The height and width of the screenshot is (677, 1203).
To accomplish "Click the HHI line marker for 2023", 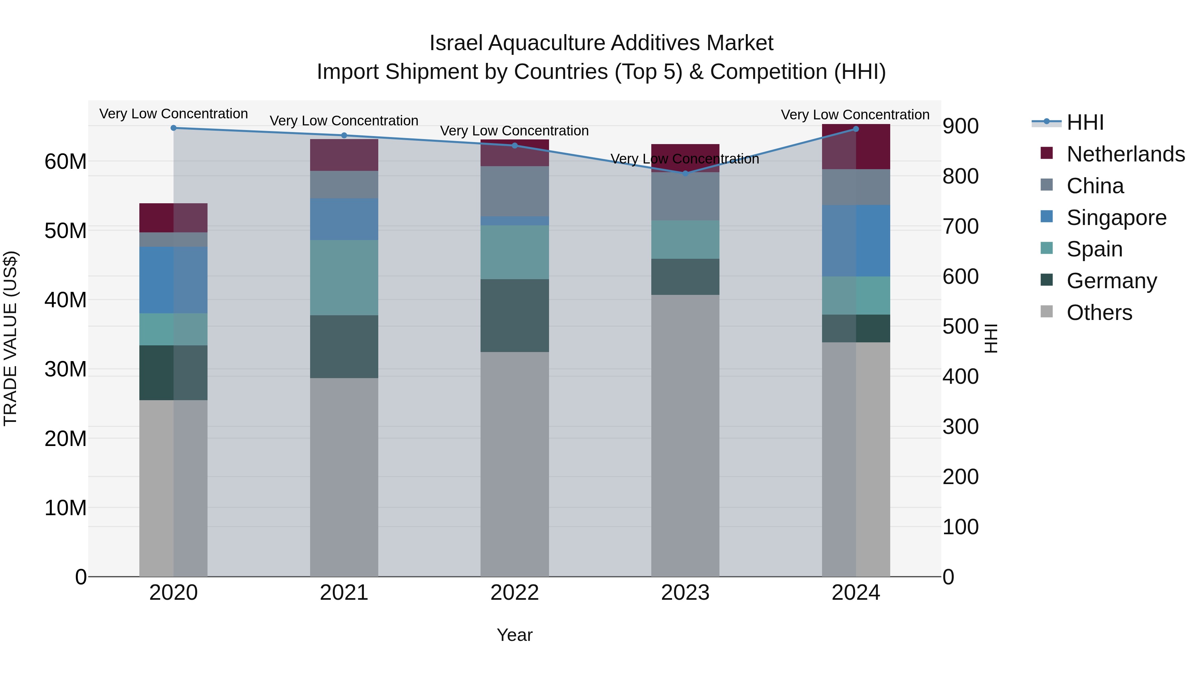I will (685, 173).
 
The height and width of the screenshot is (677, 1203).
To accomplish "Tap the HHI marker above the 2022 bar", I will (515, 145).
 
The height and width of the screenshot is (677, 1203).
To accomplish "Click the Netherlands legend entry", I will (1125, 154).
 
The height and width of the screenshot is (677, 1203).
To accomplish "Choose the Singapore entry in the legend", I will (1116, 218).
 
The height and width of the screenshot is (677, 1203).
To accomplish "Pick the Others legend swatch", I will (1047, 312).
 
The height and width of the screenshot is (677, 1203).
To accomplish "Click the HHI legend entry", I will (1084, 122).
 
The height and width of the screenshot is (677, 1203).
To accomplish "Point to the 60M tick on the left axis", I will (65, 162).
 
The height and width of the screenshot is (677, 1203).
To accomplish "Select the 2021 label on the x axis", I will (344, 593).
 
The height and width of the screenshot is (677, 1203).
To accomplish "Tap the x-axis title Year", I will (514, 635).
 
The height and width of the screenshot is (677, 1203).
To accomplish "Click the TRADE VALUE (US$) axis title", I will (10, 338).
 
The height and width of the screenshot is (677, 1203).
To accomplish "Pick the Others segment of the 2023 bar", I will (685, 435).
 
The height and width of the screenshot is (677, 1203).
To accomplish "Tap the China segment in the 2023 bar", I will (685, 196).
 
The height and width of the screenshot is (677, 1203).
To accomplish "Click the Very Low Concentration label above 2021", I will (344, 121).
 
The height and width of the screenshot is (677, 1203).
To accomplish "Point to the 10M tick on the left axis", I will (65, 508).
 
